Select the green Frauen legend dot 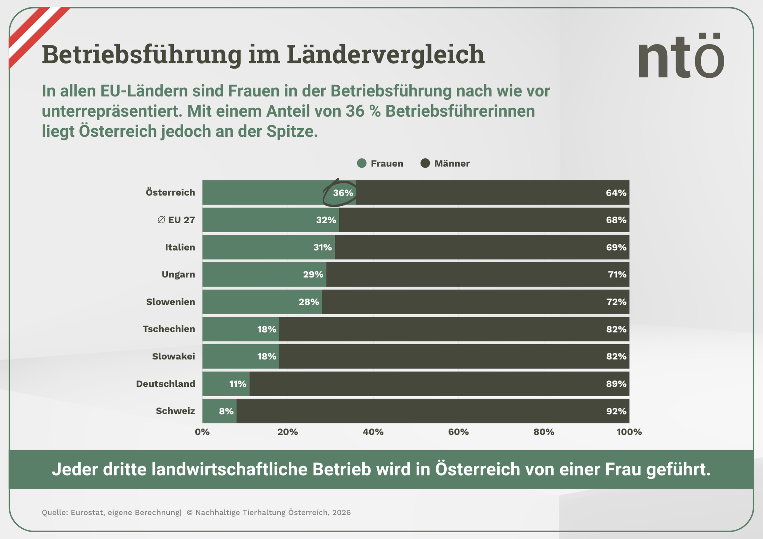pyautogui.click(x=362, y=163)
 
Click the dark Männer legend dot pyautogui.click(x=425, y=163)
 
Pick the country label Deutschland pyautogui.click(x=165, y=384)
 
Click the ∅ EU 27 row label pyautogui.click(x=176, y=220)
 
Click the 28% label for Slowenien pyautogui.click(x=308, y=302)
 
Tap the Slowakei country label pyautogui.click(x=173, y=356)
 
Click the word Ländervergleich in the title pyautogui.click(x=385, y=55)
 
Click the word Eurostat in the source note pyautogui.click(x=86, y=512)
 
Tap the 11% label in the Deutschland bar pyautogui.click(x=238, y=384)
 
